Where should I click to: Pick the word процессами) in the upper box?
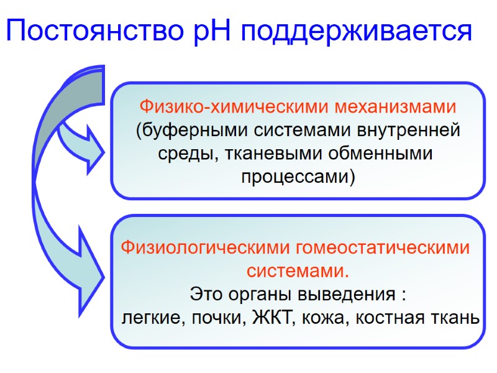coord(298,177)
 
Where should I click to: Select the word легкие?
coord(150,318)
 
